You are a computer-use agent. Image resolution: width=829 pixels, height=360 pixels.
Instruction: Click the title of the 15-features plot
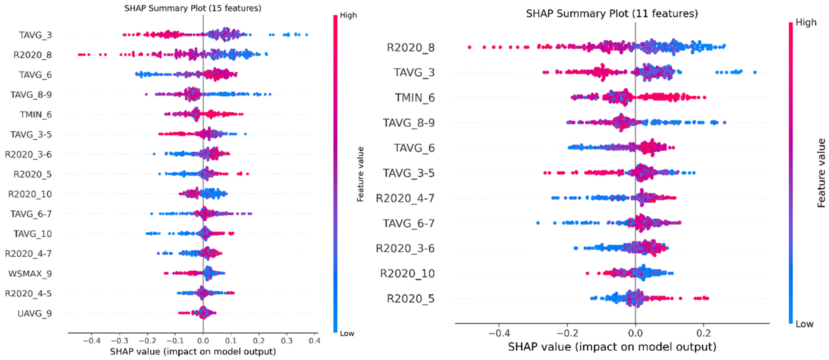tap(193, 8)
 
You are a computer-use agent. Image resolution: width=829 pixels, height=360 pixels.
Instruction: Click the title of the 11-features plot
tap(612, 14)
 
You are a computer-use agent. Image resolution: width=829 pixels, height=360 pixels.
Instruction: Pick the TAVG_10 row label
tap(33, 234)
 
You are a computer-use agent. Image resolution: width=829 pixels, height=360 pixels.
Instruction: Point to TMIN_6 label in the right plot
tap(415, 97)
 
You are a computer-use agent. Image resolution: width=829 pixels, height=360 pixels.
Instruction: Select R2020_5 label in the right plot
tap(411, 298)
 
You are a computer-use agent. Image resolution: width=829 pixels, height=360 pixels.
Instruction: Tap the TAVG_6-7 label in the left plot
tap(31, 214)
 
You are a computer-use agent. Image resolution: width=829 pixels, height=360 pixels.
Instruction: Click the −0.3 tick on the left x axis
tap(119, 340)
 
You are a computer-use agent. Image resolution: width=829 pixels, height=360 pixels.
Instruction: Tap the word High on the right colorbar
tap(806, 22)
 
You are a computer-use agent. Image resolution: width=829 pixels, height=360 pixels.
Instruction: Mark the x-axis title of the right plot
tap(612, 347)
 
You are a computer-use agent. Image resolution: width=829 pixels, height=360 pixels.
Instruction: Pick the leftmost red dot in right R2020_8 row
tap(470, 47)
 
